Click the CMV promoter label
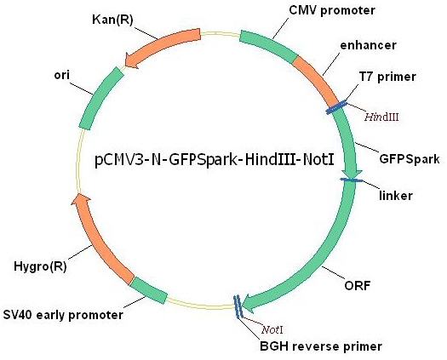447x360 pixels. [x=332, y=10]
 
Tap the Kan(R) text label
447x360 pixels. [x=112, y=20]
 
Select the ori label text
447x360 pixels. [x=62, y=75]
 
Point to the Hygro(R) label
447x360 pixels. [x=40, y=266]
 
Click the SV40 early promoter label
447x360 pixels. [x=63, y=315]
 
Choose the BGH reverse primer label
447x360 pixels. [x=321, y=346]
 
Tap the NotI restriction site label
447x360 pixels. [x=272, y=330]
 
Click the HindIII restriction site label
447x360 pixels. [x=381, y=117]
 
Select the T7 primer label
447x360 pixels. [x=387, y=77]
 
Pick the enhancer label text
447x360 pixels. [x=368, y=45]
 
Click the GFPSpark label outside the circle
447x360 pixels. [x=410, y=159]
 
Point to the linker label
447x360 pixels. [x=396, y=196]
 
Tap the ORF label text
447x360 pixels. [x=358, y=285]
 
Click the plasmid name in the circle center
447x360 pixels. [x=214, y=159]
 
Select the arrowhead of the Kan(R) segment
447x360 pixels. [x=132, y=60]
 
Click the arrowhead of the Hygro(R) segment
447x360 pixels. [x=81, y=199]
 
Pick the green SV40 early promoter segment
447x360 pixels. [x=148, y=290]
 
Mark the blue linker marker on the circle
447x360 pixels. [x=351, y=180]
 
